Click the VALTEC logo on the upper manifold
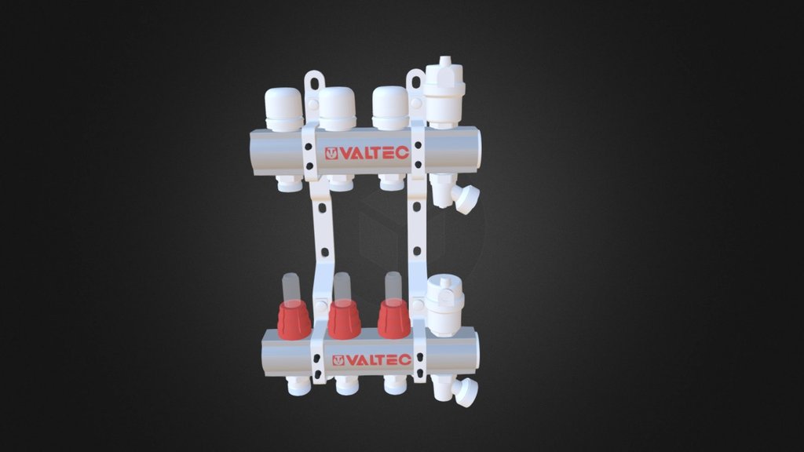click(367, 153)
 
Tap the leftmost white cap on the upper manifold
click(283, 108)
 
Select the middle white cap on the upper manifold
click(338, 108)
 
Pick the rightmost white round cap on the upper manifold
click(390, 108)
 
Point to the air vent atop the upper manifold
click(444, 90)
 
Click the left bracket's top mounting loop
click(314, 82)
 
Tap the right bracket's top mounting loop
click(415, 80)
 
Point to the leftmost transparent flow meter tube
click(290, 286)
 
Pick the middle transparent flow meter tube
click(342, 286)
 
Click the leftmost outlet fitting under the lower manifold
click(296, 385)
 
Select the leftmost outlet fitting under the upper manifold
click(288, 183)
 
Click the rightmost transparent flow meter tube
click(393, 286)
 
